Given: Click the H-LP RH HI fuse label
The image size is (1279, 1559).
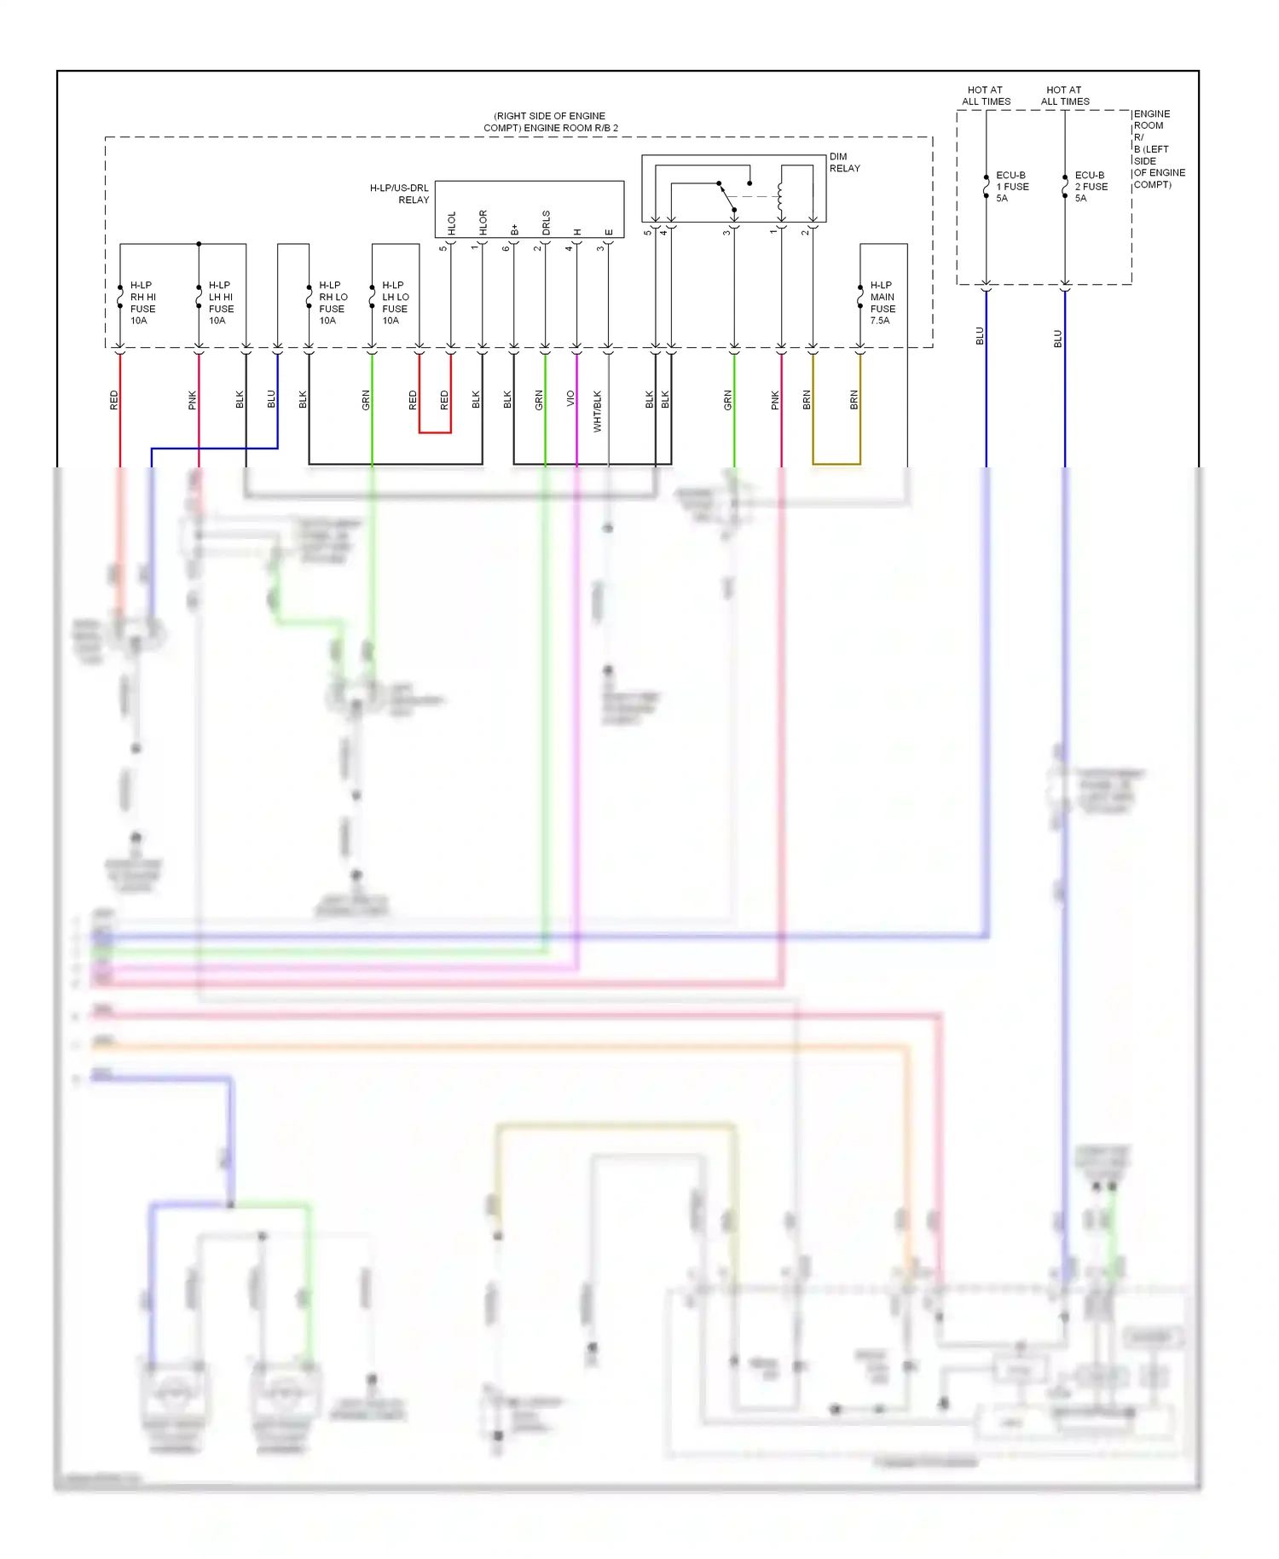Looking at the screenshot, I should tap(142, 303).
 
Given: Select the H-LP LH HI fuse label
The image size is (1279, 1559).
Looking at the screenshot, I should tap(221, 303).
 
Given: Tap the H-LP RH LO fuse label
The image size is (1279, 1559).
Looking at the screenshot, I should tap(333, 303).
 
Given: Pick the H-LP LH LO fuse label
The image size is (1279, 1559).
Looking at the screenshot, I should tap(395, 303).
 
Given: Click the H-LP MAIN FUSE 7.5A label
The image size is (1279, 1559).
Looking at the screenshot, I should tap(883, 303).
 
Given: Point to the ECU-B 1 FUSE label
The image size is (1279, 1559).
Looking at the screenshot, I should tap(1012, 187).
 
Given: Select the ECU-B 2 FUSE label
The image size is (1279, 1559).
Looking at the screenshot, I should tap(1091, 187).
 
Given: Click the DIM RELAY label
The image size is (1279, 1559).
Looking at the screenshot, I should tap(844, 162).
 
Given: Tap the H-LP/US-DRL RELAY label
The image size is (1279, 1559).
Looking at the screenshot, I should tap(399, 194).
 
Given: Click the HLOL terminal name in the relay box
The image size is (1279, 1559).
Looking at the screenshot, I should tap(452, 223).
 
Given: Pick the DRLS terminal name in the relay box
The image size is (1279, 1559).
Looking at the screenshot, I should tap(546, 222).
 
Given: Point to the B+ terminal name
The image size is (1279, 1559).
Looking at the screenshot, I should tap(514, 229).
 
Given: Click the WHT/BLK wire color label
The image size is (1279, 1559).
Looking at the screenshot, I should tap(597, 411).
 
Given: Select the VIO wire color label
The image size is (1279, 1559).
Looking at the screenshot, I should tap(570, 398).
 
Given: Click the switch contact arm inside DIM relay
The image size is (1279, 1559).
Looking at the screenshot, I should tap(726, 195).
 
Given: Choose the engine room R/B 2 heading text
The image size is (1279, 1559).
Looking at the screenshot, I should tap(551, 122).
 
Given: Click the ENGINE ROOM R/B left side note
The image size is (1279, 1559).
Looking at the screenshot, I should tap(1158, 149).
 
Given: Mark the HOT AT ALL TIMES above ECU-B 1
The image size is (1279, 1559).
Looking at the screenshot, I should tap(986, 96).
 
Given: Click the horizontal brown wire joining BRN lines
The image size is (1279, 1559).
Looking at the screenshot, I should tap(836, 464).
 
